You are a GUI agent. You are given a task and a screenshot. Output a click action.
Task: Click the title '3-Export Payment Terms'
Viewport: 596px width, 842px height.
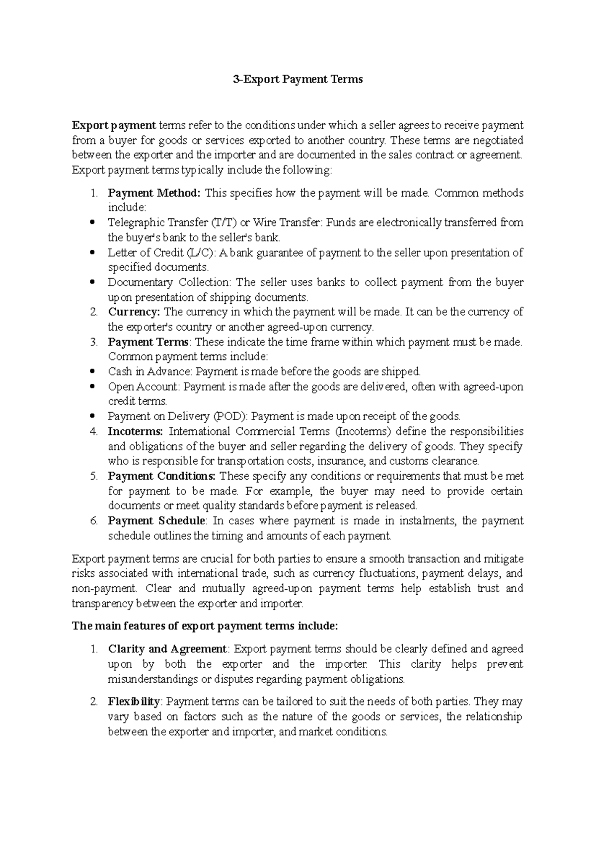pos(298,79)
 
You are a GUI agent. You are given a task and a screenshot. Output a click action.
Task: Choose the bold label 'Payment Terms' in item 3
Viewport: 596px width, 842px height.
pos(148,342)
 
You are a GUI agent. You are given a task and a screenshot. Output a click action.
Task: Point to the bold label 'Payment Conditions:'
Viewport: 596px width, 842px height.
pos(161,476)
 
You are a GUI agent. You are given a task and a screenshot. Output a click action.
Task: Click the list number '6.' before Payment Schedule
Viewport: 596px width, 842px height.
pos(94,521)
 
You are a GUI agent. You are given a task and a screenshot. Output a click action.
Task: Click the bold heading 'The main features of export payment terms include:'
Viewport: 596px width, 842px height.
pos(205,626)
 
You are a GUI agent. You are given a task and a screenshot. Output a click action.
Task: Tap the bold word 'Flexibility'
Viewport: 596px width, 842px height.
pos(134,702)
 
